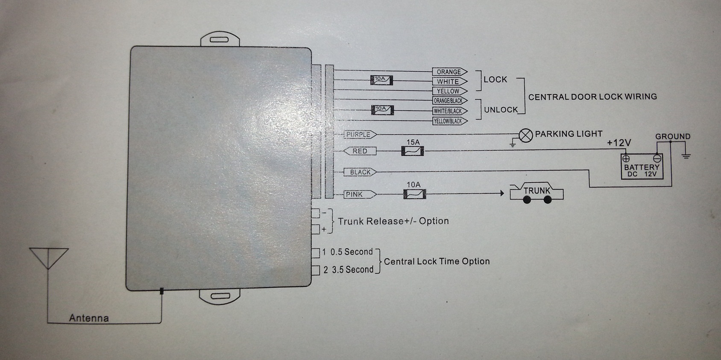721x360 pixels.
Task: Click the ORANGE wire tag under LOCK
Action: click(449, 72)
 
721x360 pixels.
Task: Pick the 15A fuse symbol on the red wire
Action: click(413, 151)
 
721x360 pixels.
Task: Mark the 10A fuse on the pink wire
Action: click(414, 194)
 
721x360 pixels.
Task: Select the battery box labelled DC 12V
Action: click(642, 167)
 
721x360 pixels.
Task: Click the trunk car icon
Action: click(536, 193)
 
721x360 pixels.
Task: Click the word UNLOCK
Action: click(501, 110)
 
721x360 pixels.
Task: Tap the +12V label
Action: click(619, 143)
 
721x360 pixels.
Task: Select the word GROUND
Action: click(673, 137)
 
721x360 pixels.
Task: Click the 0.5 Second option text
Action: click(351, 252)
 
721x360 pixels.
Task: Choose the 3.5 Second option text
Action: click(352, 270)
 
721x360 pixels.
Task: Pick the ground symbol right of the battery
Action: click(686, 156)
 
